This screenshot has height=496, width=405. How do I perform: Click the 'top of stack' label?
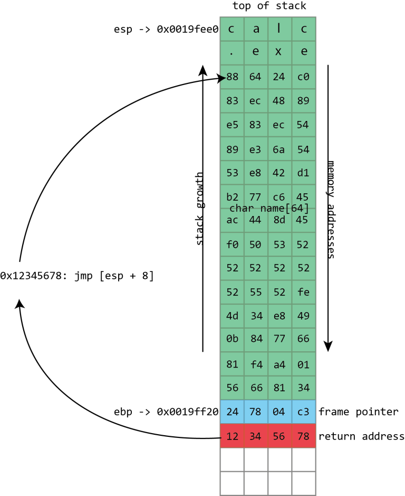click(x=269, y=6)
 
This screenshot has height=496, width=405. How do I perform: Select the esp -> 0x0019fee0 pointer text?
click(x=166, y=30)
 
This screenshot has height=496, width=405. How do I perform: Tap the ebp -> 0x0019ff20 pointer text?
click(x=166, y=412)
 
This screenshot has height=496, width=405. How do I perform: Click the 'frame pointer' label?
click(x=359, y=412)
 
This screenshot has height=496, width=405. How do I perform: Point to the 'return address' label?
click(x=362, y=436)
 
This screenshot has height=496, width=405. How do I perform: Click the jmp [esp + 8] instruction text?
click(x=77, y=276)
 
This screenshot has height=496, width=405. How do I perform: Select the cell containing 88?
click(x=232, y=77)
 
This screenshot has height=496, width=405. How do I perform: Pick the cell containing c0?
click(x=303, y=77)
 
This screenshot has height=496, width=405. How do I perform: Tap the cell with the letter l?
click(x=279, y=30)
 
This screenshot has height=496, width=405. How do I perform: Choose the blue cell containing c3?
click(x=303, y=412)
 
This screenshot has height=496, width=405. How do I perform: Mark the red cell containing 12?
click(x=232, y=436)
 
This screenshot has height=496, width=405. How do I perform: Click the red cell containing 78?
click(x=303, y=436)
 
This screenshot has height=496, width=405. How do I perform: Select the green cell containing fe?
click(x=303, y=292)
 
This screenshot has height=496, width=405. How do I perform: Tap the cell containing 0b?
click(x=232, y=340)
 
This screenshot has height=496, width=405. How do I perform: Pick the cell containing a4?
click(x=279, y=364)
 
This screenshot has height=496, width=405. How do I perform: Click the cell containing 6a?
click(x=279, y=149)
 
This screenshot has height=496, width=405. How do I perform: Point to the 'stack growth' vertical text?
click(x=199, y=209)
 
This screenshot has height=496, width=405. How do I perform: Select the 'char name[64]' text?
click(x=269, y=209)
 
